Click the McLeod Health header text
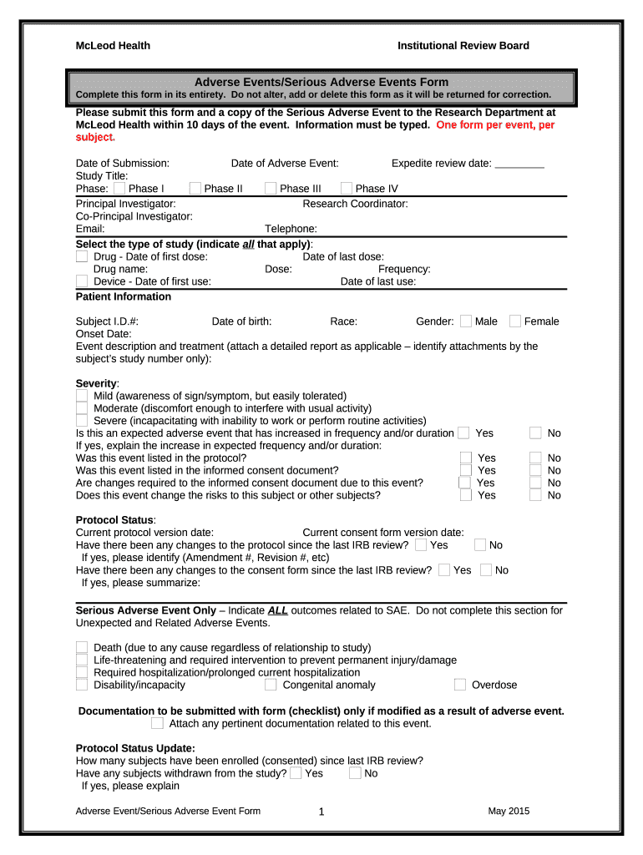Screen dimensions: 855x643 113,46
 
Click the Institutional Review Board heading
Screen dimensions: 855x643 463,46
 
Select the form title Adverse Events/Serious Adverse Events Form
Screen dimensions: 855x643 321,82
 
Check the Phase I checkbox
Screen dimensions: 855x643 119,189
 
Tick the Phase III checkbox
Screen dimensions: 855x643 271,189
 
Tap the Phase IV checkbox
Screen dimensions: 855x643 347,189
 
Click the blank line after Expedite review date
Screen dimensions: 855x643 519,164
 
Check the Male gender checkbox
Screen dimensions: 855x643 466,321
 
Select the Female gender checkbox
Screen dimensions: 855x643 515,321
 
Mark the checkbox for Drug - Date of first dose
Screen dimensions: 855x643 82,257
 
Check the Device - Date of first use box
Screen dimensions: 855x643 82,281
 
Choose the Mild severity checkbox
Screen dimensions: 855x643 82,396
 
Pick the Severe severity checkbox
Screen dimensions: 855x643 82,421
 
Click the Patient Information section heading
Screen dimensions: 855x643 124,296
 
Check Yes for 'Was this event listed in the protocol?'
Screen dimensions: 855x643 466,458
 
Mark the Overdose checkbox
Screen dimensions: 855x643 460,685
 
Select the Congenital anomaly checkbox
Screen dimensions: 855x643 271,685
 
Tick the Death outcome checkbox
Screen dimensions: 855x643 82,647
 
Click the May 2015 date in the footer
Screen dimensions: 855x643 509,811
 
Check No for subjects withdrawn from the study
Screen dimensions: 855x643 355,773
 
